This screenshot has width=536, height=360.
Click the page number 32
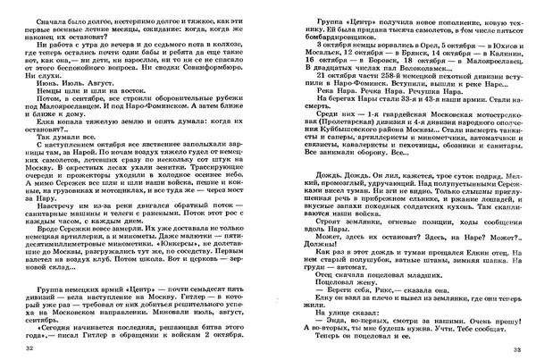31,348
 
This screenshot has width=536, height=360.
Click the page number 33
505,348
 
